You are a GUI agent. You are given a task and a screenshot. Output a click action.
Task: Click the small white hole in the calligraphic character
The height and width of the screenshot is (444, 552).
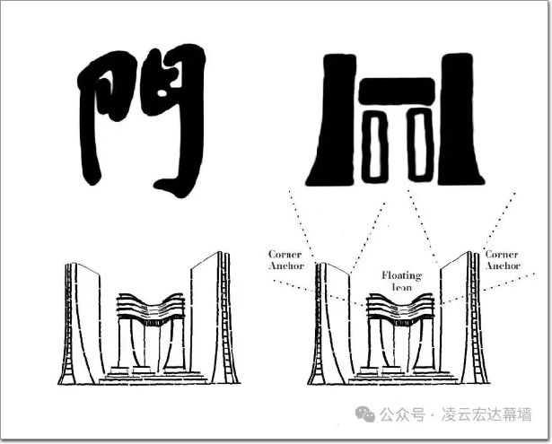162,93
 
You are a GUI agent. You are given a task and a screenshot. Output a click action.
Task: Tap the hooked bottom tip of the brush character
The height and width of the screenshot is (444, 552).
158,184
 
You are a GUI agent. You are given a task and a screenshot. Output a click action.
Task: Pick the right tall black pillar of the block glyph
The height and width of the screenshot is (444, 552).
460,119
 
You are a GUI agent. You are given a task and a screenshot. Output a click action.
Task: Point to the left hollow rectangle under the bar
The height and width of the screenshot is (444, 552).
374,146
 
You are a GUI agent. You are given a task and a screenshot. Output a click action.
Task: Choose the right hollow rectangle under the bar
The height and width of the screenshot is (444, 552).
420,146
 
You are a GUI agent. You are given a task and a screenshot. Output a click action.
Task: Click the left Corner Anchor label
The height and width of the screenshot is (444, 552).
285,260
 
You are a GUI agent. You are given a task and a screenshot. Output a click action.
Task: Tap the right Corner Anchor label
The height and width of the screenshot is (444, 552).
503,260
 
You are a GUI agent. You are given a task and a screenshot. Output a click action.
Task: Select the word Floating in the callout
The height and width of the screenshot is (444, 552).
402,275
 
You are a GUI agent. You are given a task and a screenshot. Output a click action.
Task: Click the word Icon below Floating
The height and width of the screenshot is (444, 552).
402,287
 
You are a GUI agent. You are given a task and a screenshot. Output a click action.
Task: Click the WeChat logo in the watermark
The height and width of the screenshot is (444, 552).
365,414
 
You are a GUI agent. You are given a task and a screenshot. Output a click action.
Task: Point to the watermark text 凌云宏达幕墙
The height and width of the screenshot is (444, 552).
486,414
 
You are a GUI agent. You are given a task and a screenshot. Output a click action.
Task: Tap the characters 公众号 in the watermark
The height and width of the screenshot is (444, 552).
402,414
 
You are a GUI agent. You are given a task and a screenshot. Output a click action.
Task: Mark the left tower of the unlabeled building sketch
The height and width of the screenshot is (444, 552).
82,324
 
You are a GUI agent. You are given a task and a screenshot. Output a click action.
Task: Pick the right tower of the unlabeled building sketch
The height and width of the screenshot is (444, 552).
214,318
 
